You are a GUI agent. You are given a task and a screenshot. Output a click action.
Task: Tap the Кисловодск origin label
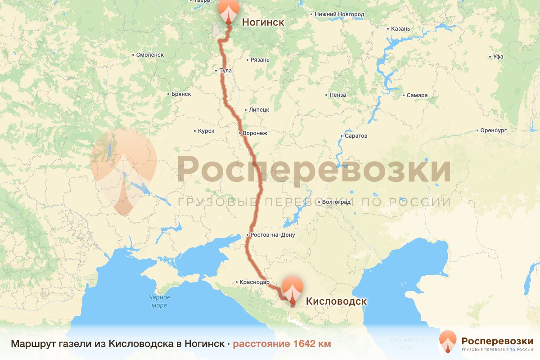point(336,301)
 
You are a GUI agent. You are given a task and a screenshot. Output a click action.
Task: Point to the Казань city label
point(400,29)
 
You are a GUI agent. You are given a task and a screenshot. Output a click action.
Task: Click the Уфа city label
point(498,57)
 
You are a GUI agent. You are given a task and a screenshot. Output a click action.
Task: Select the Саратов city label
point(355,135)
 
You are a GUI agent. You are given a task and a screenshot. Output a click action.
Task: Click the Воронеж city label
point(255,133)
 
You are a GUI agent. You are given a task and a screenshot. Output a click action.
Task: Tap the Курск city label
point(206,131)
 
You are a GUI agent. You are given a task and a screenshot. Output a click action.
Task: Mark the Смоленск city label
point(150,55)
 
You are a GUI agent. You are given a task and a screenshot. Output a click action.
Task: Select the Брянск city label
point(181,94)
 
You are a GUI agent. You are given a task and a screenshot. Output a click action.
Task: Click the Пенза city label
point(337,95)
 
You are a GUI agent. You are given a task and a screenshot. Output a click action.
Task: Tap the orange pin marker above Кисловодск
point(292,290)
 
